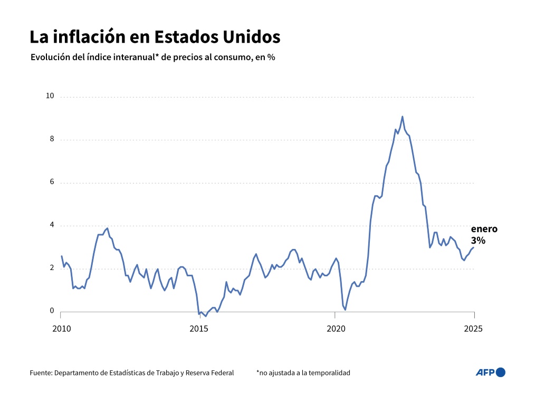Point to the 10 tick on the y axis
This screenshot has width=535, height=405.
click(50, 96)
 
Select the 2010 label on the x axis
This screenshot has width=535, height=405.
click(61, 329)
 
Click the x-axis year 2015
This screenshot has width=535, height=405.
click(198, 329)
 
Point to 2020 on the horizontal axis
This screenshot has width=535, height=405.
click(336, 329)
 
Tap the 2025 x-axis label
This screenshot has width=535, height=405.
click(473, 329)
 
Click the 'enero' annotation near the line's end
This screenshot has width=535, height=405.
click(484, 229)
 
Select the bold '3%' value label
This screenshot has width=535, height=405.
click(478, 240)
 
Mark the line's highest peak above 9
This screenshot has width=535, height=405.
click(402, 117)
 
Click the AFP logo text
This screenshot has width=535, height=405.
click(485, 372)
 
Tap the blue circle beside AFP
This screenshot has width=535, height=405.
click(501, 372)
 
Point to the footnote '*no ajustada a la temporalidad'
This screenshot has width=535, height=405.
click(303, 373)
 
